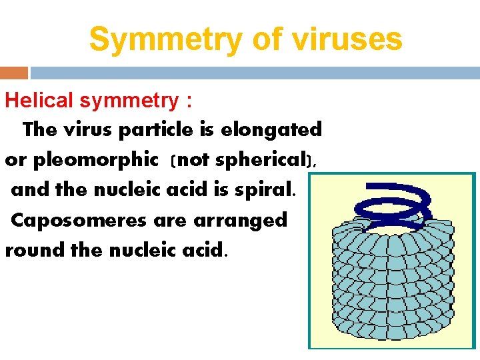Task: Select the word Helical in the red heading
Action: (x=39, y=101)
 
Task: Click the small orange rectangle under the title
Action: (x=14, y=73)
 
